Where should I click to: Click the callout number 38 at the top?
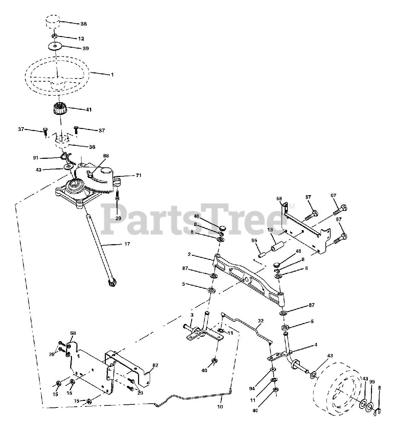[83, 24]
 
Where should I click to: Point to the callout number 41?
[88, 110]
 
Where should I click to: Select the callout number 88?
[106, 155]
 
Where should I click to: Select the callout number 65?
[254, 241]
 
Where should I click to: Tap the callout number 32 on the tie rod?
[261, 321]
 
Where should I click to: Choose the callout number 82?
[155, 366]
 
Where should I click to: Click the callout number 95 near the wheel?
[372, 382]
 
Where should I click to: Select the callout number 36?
[92, 147]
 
